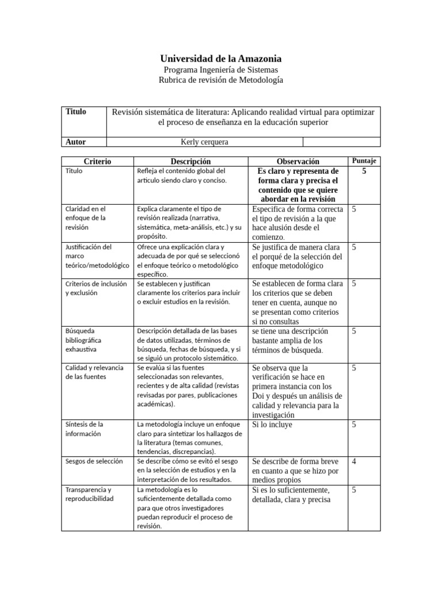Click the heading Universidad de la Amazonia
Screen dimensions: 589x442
[220, 59]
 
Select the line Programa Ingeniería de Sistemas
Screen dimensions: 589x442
[220, 70]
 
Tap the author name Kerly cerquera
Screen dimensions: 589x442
[205, 141]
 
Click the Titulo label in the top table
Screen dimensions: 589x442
[76, 112]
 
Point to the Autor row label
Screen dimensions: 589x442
[76, 141]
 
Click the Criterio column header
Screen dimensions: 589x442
[97, 162]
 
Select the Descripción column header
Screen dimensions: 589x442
[190, 162]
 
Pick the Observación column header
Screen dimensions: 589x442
[298, 162]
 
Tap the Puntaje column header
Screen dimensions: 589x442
[364, 160]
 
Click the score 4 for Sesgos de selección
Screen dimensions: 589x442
[354, 461]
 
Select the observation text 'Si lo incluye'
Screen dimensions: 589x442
[272, 424]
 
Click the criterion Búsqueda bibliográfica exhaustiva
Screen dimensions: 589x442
[87, 340]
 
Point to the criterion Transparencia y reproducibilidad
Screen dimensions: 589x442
[90, 494]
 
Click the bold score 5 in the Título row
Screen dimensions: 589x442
[364, 171]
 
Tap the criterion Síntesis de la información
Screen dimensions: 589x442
[85, 429]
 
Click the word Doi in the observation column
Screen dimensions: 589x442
[259, 396]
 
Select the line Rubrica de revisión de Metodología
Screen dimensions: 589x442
[220, 81]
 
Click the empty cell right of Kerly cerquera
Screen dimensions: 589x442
[341, 141]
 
